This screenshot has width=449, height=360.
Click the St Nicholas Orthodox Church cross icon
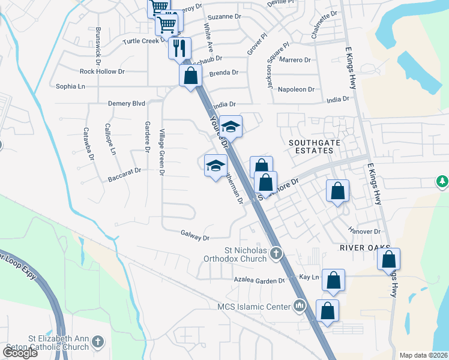276,253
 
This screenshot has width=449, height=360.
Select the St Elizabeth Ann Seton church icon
98,343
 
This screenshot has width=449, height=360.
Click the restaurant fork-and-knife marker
179,48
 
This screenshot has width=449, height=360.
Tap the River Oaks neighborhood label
365,247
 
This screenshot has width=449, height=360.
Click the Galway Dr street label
195,238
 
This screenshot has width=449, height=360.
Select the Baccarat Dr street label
124,170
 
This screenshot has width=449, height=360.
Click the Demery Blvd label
127,103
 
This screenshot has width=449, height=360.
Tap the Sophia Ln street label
70,86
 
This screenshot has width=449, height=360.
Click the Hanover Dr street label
365,231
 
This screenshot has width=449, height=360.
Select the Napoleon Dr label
294,89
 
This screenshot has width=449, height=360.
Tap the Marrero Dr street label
295,59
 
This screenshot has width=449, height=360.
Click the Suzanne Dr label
223,17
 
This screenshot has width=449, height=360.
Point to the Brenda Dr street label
223,72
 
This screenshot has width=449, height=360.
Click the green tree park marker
442,181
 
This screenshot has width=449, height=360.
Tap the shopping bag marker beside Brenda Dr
190,76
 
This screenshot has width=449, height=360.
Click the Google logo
20,352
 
